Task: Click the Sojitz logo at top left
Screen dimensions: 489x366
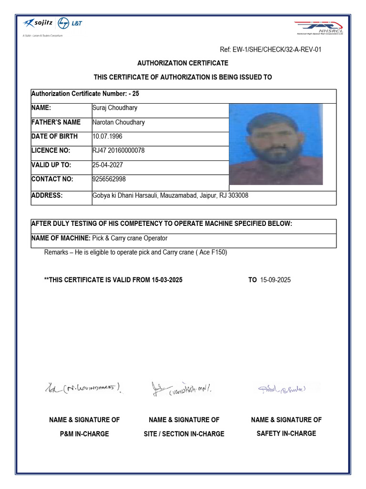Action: (x=38, y=23)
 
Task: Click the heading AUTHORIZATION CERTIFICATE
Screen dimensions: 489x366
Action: (x=183, y=63)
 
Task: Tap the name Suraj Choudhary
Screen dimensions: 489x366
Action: (x=114, y=108)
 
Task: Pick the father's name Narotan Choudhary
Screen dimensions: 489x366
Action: (x=119, y=122)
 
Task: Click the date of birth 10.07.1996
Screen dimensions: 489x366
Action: (x=108, y=136)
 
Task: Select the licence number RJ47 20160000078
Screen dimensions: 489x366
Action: (x=119, y=150)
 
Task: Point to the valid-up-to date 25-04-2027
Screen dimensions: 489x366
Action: (x=108, y=165)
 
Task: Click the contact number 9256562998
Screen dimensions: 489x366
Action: (x=109, y=179)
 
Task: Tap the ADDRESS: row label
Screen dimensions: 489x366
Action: (x=47, y=195)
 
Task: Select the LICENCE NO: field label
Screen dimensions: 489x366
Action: (x=51, y=150)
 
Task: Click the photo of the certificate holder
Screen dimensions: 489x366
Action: (x=276, y=144)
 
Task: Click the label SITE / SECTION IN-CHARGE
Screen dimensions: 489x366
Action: (x=184, y=434)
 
